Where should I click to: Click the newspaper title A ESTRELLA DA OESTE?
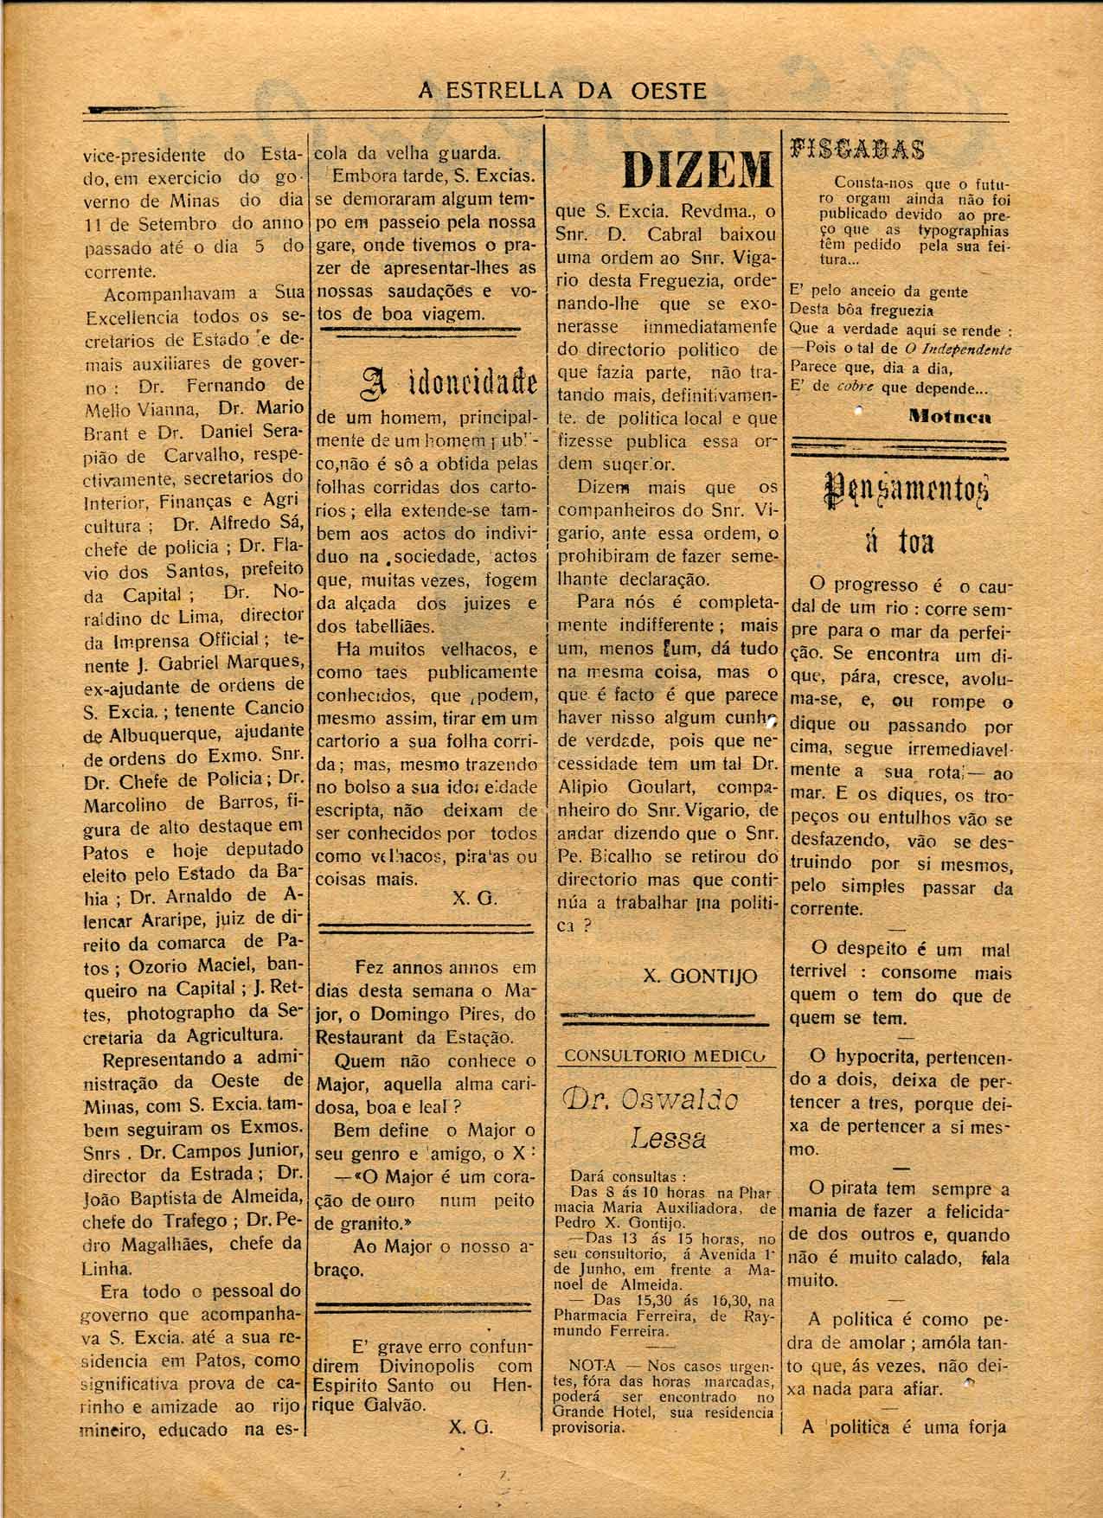tap(562, 90)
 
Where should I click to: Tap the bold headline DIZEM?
tap(697, 170)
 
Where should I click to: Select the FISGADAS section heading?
tap(857, 149)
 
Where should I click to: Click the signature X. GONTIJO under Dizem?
tap(700, 976)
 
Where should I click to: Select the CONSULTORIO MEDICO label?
tap(664, 1055)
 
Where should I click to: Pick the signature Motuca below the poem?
tap(950, 416)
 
